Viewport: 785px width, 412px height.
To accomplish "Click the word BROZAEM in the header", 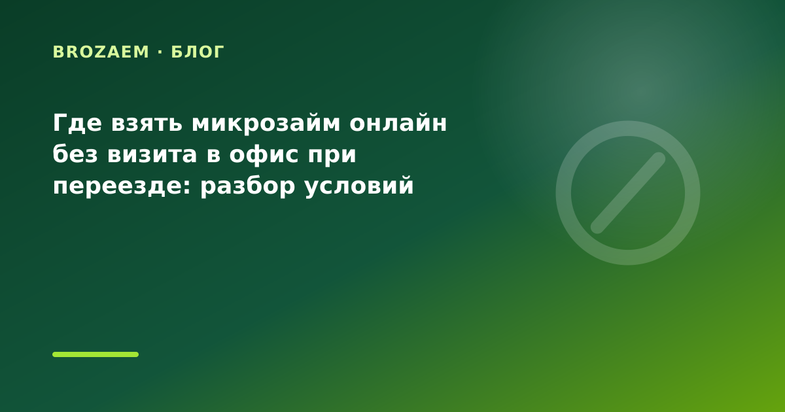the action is pyautogui.click(x=101, y=52).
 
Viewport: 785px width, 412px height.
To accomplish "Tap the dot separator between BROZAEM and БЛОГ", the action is pyautogui.click(x=160, y=52).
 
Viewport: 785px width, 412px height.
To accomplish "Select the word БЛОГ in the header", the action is pyautogui.click(x=198, y=52).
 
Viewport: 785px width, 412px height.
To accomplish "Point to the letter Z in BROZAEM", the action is pyautogui.click(x=100, y=52).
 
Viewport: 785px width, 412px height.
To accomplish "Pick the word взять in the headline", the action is pyautogui.click(x=147, y=124).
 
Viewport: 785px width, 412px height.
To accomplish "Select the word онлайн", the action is pyautogui.click(x=398, y=124).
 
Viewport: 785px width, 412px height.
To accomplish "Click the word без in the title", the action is pyautogui.click(x=75, y=154).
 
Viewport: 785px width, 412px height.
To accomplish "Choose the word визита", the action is pyautogui.click(x=152, y=155).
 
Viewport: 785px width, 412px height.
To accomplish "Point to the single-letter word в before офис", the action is pyautogui.click(x=213, y=156).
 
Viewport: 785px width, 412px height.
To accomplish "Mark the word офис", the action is pyautogui.click(x=264, y=155).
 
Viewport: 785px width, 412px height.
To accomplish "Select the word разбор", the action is pyautogui.click(x=248, y=186).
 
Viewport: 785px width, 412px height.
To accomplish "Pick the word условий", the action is pyautogui.click(x=359, y=186).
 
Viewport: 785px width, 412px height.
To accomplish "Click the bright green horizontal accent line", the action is pyautogui.click(x=96, y=354).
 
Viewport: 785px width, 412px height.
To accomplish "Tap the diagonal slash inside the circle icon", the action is pyautogui.click(x=628, y=193).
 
